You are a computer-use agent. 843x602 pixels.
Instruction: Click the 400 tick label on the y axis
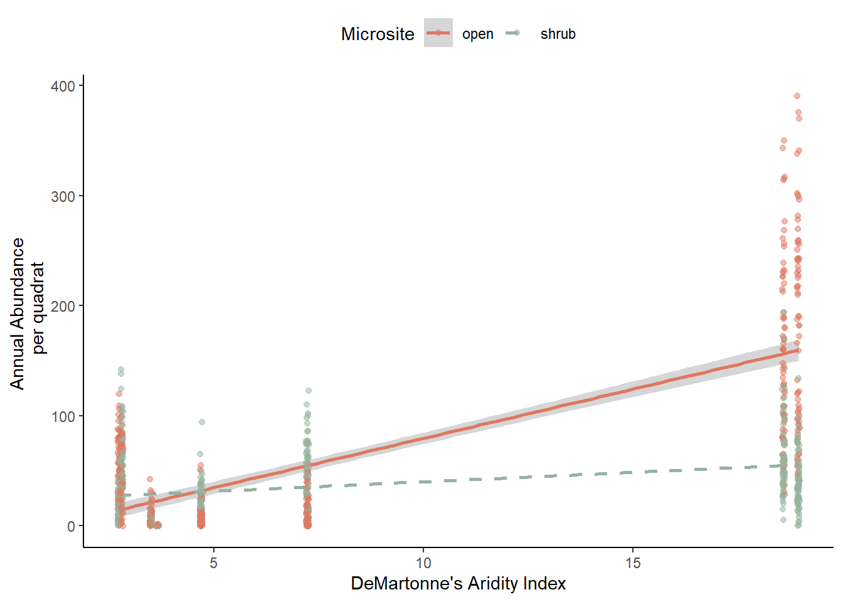tap(63, 86)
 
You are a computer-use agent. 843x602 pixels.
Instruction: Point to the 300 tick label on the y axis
tap(63, 196)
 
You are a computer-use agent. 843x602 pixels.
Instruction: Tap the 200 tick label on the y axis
tap(63, 306)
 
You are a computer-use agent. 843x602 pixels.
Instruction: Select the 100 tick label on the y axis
tap(63, 416)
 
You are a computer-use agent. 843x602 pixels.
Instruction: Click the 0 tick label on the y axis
tap(71, 527)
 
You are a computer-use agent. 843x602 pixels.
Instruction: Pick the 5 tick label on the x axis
tap(214, 562)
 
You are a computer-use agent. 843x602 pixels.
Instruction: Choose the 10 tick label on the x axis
tap(423, 562)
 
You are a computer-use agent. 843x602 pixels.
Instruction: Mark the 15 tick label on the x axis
tap(633, 562)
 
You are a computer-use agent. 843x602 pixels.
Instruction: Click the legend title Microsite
tap(378, 34)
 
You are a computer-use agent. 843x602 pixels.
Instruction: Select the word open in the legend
tap(477, 34)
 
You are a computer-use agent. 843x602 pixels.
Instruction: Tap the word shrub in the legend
tap(558, 34)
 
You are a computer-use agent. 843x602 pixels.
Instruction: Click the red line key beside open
tap(438, 33)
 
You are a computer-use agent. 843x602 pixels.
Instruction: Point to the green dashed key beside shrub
tap(513, 33)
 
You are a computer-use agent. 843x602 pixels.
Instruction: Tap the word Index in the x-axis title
tap(544, 583)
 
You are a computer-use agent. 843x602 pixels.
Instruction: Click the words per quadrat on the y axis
tap(39, 307)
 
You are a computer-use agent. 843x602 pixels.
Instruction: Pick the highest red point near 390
tap(797, 96)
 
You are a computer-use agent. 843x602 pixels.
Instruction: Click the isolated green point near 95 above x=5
tap(202, 422)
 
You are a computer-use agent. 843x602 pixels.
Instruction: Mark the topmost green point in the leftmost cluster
tap(121, 369)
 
